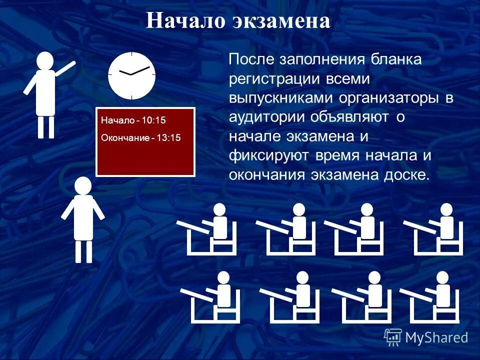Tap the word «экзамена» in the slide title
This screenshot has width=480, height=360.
(x=281, y=21)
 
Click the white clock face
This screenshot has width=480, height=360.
(x=132, y=75)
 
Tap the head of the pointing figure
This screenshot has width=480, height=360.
(x=45, y=60)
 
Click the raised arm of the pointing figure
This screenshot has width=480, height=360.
(x=65, y=68)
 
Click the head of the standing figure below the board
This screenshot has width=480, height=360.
(x=83, y=185)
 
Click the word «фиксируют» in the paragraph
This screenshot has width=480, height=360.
(x=269, y=155)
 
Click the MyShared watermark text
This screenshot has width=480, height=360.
(x=436, y=337)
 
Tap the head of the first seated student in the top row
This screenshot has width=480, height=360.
(x=219, y=209)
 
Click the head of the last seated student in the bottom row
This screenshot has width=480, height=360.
(x=442, y=277)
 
